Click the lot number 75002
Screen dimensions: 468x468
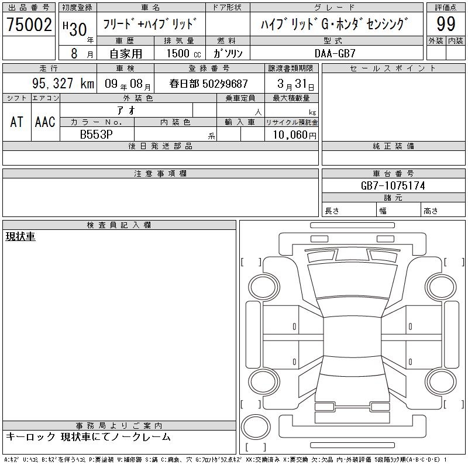(x=29, y=25)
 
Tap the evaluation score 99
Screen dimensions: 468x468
(x=446, y=24)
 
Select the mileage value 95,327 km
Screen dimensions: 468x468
(x=63, y=83)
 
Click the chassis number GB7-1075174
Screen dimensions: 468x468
(x=393, y=185)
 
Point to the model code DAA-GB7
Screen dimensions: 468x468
(x=335, y=53)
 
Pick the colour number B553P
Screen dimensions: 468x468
(x=96, y=135)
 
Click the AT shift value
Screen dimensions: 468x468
(x=16, y=122)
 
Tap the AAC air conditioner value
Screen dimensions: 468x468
(x=45, y=122)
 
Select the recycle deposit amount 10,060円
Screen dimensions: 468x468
(x=294, y=135)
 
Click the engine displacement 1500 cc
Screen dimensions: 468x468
(x=184, y=53)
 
